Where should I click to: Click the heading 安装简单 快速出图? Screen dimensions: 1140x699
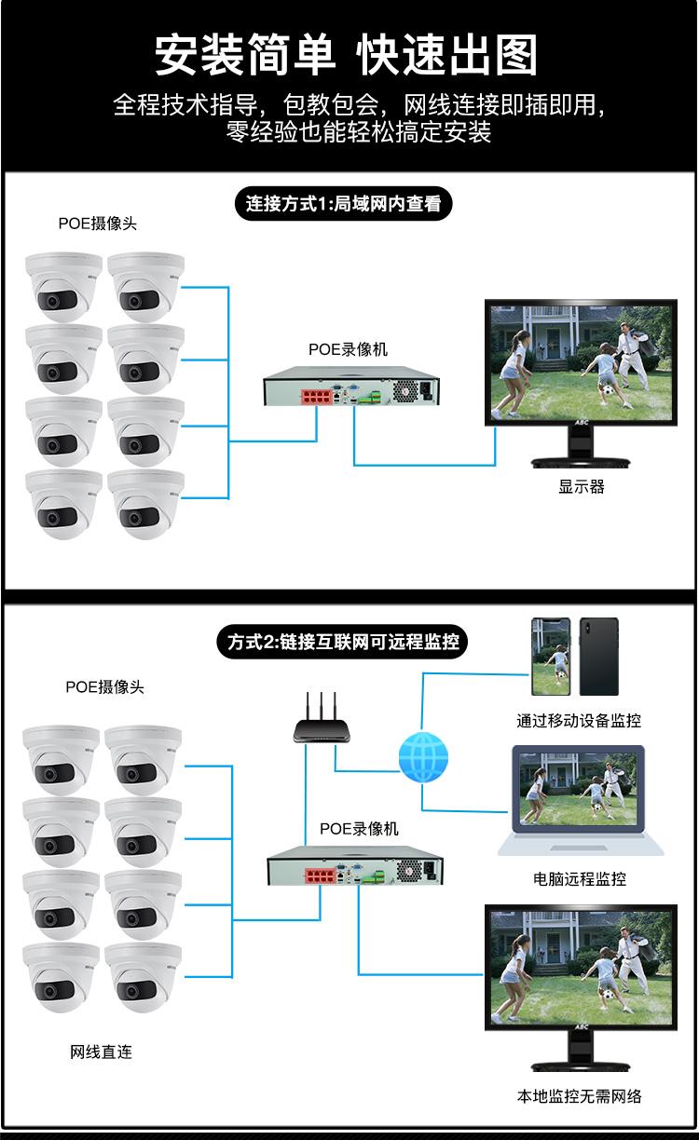click(x=347, y=55)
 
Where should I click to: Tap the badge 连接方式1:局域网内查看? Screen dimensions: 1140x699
click(x=343, y=203)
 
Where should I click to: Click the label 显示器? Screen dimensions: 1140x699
click(x=582, y=487)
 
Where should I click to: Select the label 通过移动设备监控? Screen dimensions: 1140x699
click(x=579, y=720)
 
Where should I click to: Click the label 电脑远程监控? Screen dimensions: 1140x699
click(x=579, y=878)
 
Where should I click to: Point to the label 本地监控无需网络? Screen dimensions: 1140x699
click(x=580, y=1095)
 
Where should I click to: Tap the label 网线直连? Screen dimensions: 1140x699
click(x=101, y=1052)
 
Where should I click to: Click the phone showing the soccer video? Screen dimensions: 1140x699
click(x=550, y=657)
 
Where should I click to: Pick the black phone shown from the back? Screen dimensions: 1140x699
click(x=599, y=657)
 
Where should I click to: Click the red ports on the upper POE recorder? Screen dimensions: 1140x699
click(x=318, y=397)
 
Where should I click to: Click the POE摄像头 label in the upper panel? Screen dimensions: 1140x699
click(x=97, y=224)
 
